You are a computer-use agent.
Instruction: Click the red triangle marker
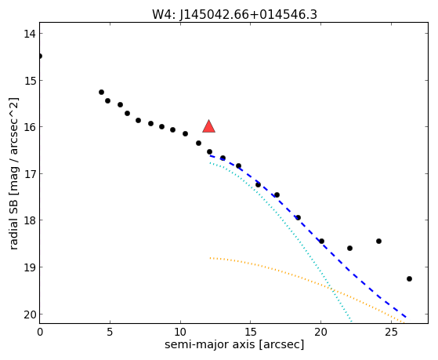coord(208,126)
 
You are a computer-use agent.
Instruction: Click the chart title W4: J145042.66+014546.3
coord(234,15)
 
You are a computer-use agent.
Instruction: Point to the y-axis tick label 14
coord(29,34)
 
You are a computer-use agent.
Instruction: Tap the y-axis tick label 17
coord(29,174)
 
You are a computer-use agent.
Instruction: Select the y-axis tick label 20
coord(29,315)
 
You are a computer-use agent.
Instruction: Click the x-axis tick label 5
coord(110,332)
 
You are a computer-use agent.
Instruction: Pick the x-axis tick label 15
coord(250,332)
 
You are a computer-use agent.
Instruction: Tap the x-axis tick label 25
coord(391,332)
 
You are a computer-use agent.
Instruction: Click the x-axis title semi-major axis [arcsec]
coord(234,344)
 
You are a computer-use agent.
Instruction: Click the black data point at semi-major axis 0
coord(40,56)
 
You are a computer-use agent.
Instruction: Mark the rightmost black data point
coord(409,279)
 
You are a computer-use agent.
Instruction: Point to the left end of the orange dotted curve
coord(210,258)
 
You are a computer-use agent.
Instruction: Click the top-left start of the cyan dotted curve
coord(210,163)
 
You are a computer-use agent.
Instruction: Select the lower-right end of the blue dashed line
coord(406,317)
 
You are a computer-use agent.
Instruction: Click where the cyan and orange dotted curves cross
coord(332,289)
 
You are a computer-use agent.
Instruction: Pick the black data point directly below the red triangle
coord(209,152)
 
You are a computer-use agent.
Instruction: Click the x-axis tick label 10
coord(180,332)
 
